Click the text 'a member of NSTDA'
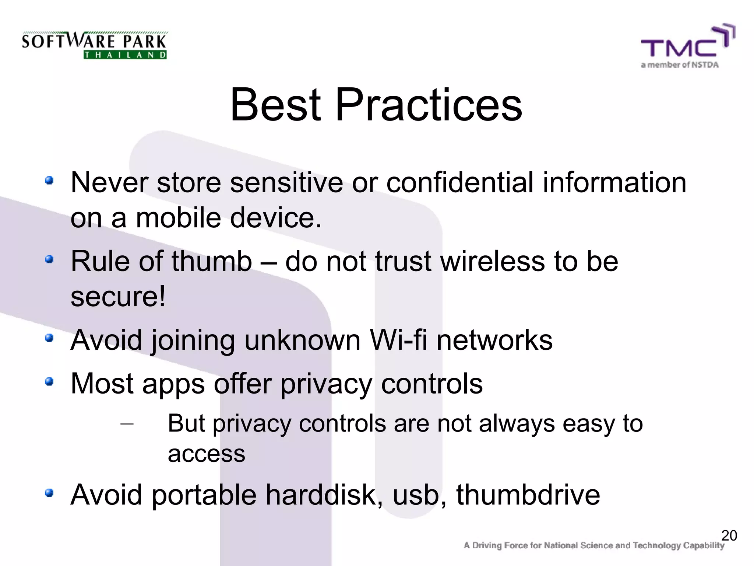coord(680,65)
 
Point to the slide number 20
coord(729,535)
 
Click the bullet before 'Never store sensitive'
coord(49,181)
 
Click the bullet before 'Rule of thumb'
coord(49,260)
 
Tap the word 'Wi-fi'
coord(398,339)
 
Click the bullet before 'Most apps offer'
coord(49,382)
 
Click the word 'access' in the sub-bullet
coord(206,454)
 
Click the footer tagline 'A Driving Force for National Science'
coord(593,546)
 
